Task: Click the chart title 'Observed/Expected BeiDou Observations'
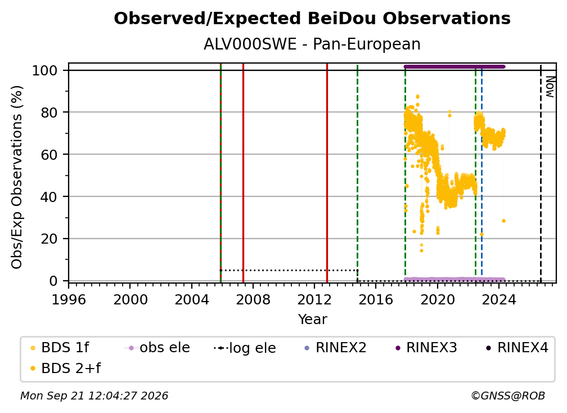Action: coord(312,19)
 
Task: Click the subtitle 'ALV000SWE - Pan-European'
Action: coord(312,44)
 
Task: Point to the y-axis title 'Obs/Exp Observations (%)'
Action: coord(17,177)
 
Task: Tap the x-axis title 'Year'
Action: coord(312,320)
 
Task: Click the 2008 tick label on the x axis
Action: coord(253,300)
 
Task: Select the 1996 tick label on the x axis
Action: coord(69,300)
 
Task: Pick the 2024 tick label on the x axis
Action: coord(498,300)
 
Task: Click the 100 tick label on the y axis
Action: coord(45,70)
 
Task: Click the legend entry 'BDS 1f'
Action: coord(59,348)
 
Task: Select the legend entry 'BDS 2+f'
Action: coord(65,369)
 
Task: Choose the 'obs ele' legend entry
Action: coord(157,348)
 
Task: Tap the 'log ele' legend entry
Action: coord(245,348)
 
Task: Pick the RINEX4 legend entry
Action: coord(517,348)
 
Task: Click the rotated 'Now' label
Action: coord(550,87)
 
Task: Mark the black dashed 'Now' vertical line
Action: coord(541,173)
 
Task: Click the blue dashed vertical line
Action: coord(481,173)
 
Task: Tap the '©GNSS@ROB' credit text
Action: coord(508,396)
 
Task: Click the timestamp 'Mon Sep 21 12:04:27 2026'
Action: coord(94,396)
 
